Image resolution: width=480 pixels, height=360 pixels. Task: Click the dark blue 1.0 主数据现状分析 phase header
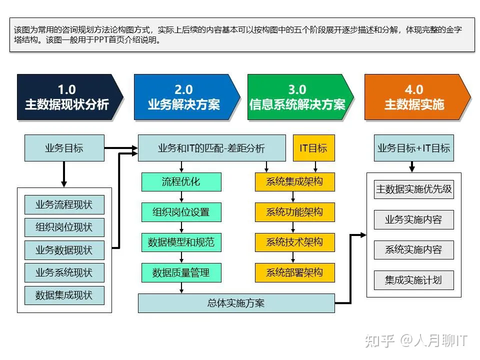coord(67,97)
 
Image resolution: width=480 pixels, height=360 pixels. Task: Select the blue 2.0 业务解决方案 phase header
coord(183,97)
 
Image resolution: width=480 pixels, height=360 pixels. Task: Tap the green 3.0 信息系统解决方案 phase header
coord(297,97)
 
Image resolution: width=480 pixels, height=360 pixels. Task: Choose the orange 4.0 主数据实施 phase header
coord(414,97)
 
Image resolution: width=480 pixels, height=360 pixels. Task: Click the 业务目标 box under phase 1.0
coord(64,148)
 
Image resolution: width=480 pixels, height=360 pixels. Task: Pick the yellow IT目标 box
coord(313,148)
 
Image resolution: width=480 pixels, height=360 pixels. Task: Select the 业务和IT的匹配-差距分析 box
coord(211,148)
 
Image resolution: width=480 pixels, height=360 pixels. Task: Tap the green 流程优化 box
coord(181,181)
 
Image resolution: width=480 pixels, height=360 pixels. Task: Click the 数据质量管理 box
coord(181,272)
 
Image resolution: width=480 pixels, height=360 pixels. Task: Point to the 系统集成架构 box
coord(294,181)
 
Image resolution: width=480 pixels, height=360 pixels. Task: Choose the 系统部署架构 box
coord(294,272)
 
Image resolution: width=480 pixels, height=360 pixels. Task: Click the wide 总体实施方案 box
coord(236,303)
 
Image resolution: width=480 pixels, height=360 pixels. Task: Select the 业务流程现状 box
coord(64,204)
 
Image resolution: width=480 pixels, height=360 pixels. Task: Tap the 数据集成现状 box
coord(64,294)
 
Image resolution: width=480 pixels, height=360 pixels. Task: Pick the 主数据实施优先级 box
coord(413,189)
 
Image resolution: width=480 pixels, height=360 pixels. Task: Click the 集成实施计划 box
coord(413,279)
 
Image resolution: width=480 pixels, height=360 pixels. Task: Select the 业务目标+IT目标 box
coord(413,148)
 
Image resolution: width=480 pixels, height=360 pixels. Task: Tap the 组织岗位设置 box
coord(181,212)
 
